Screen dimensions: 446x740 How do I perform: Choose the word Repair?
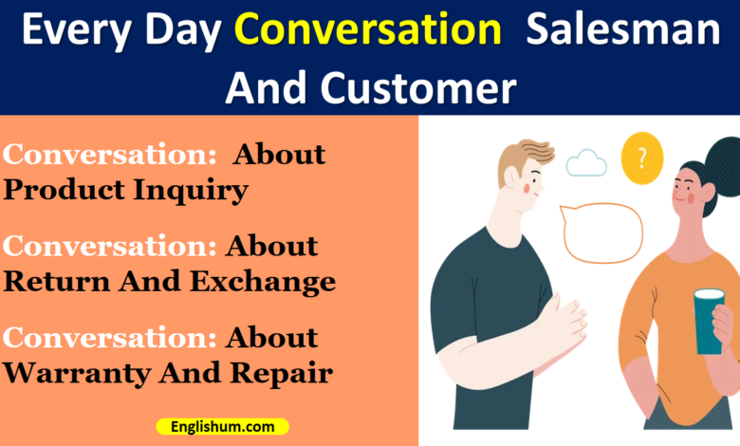pos(285,373)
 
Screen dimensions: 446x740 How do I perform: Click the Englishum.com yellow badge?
pos(222,427)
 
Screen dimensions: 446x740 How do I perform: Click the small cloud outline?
pos(586,163)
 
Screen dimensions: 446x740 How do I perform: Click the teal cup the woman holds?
pos(709,323)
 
